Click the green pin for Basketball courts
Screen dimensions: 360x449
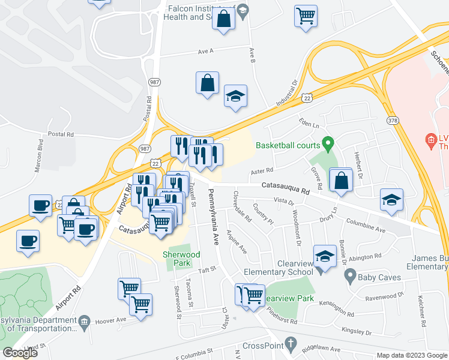(x=328, y=144)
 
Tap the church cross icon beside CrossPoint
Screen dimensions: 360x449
(x=291, y=344)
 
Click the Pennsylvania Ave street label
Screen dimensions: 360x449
(x=212, y=217)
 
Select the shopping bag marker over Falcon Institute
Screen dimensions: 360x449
(x=223, y=18)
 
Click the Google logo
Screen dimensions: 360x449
(x=20, y=353)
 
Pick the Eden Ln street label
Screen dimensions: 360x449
(x=309, y=122)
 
